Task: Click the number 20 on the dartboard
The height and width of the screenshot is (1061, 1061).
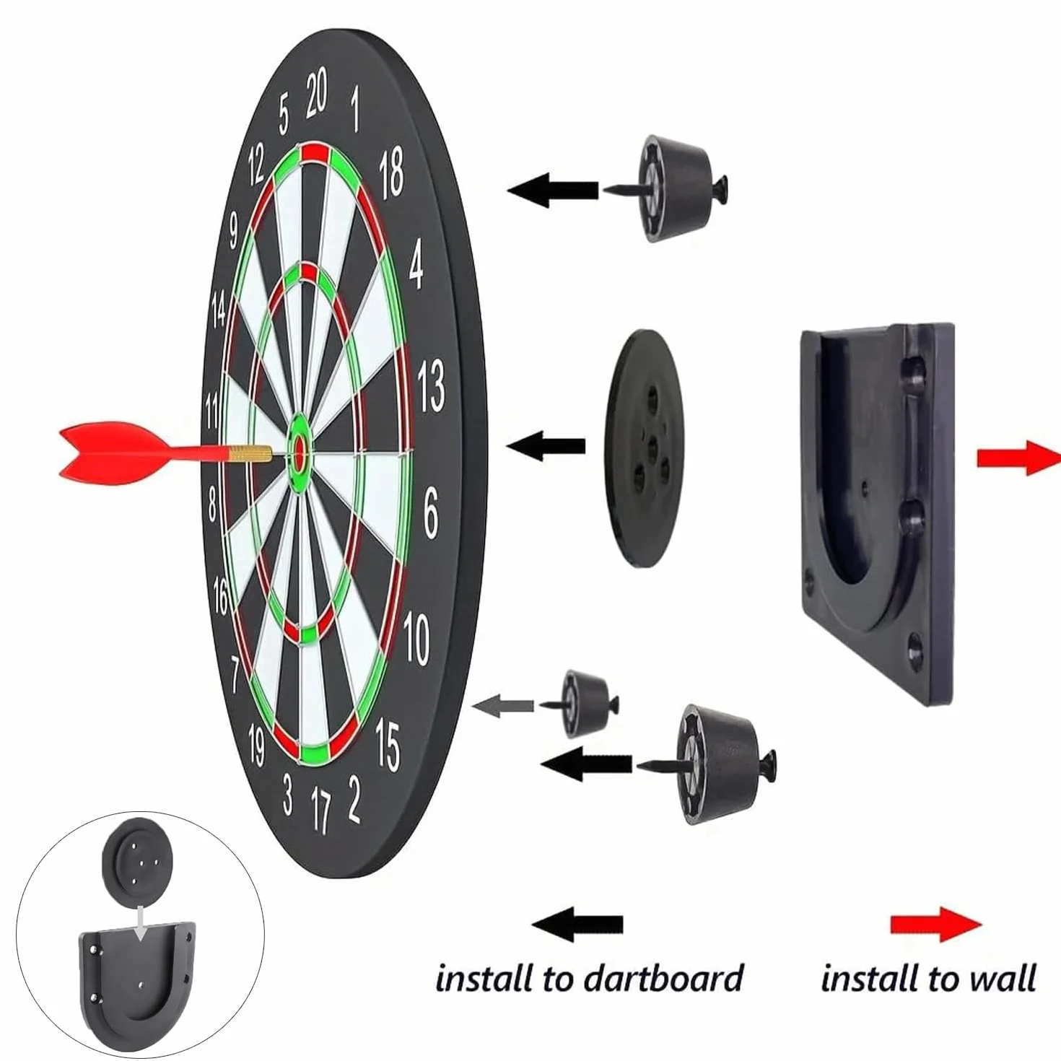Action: [316, 94]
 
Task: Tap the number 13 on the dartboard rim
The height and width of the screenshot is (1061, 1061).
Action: [431, 387]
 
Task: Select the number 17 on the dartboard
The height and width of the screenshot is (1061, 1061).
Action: [320, 809]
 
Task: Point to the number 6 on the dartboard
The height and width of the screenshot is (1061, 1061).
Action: [431, 512]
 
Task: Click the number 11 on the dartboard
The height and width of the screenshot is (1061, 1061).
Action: [212, 411]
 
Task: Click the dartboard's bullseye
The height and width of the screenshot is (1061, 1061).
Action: [300, 453]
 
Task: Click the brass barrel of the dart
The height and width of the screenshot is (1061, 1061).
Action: [251, 454]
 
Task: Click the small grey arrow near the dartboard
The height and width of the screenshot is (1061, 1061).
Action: [502, 705]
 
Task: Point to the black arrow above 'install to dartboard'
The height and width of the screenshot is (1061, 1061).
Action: [577, 924]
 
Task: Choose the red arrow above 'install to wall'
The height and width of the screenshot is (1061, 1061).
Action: [936, 925]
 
